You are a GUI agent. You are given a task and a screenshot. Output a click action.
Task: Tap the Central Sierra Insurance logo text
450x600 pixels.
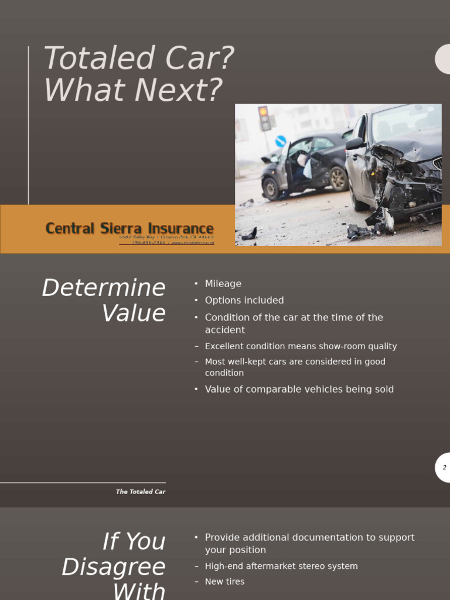(x=129, y=229)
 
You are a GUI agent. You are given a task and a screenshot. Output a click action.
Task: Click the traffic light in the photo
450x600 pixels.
(x=264, y=117)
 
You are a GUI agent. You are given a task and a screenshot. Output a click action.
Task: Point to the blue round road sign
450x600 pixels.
(x=281, y=141)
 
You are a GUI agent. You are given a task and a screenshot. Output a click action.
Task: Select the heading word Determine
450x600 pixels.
(x=104, y=288)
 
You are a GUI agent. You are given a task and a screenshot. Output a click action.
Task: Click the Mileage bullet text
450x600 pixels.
(x=223, y=284)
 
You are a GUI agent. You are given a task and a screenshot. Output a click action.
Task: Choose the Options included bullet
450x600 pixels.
(x=244, y=301)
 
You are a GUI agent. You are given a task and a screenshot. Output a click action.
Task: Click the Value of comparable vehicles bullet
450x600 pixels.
(x=299, y=389)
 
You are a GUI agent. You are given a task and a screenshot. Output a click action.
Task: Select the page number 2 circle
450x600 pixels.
(x=444, y=468)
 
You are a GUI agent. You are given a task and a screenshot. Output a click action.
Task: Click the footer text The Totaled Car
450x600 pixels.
(x=141, y=492)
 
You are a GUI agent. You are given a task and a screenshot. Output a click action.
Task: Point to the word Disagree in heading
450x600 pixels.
(x=114, y=567)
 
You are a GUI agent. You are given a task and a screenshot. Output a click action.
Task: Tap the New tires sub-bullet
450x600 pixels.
(x=224, y=581)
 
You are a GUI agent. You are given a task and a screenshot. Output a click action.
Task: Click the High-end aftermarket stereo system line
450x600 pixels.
(x=281, y=566)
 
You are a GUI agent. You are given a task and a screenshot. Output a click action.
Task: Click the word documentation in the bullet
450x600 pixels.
(x=323, y=537)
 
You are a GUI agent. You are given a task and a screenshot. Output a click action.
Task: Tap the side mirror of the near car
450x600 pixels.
(x=354, y=144)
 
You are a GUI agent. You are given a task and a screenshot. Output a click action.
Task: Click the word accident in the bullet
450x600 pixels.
(x=225, y=330)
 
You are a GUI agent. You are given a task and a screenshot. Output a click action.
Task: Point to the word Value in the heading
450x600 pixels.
(x=134, y=313)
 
